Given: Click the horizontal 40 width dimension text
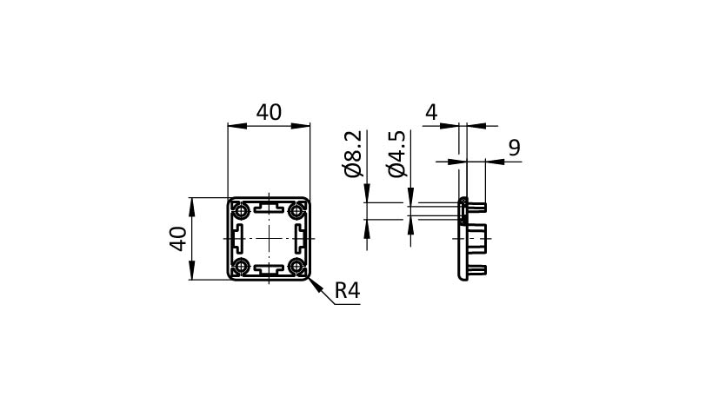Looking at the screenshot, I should click(269, 112).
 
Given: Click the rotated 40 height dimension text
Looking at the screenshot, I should click(177, 239).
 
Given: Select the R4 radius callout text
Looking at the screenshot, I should click(347, 291).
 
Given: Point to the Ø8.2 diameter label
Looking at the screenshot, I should click(353, 154).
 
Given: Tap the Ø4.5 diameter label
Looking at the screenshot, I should click(397, 154).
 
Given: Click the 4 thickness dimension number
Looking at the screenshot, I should click(431, 112).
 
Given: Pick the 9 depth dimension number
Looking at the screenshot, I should click(514, 148).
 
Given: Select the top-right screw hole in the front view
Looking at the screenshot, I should click(298, 209).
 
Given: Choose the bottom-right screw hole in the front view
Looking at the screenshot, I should click(298, 267).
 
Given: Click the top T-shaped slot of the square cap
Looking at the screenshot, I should click(269, 208).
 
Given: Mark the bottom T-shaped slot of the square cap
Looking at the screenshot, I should click(269, 269).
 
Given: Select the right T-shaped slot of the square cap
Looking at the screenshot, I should click(301, 238).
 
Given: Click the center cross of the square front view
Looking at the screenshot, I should click(269, 238).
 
